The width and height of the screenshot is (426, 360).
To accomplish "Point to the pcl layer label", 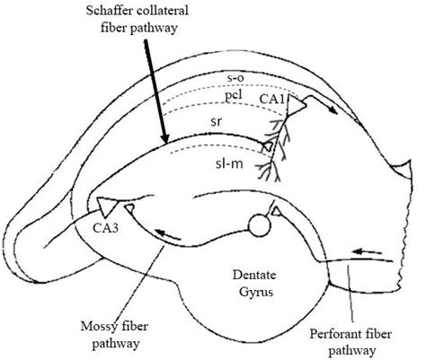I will pyautogui.click(x=234, y=94).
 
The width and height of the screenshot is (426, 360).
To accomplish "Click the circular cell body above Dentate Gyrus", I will pyautogui.click(x=261, y=224).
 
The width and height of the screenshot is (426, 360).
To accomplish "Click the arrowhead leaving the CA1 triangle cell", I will pyautogui.click(x=335, y=112).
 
